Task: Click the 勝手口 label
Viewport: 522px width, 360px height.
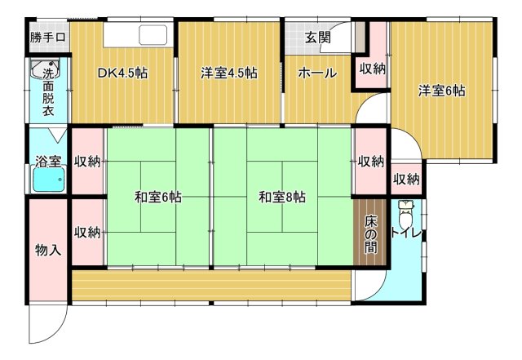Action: (x=48, y=37)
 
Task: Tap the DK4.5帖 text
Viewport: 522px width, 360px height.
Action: (x=122, y=73)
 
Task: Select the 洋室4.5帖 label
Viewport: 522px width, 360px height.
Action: (x=229, y=73)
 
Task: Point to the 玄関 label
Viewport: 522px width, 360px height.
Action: (x=317, y=38)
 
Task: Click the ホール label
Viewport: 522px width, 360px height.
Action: (x=316, y=73)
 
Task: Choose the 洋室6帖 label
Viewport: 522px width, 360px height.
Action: (x=442, y=91)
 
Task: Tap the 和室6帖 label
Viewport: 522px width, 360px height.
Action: (x=158, y=197)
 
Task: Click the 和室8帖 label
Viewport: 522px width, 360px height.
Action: (x=282, y=197)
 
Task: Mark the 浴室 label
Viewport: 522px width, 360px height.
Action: (x=47, y=162)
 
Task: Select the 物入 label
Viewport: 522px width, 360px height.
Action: (x=48, y=250)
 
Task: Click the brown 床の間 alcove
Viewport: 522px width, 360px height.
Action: (x=371, y=233)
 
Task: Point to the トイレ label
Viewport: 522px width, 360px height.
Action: (x=406, y=233)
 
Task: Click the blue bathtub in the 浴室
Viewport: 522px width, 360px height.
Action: (x=47, y=181)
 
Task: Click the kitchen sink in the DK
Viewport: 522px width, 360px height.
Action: (x=153, y=35)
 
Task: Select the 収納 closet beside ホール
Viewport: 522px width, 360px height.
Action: (x=372, y=69)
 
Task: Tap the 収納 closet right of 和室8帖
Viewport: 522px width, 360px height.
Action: (x=370, y=162)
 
